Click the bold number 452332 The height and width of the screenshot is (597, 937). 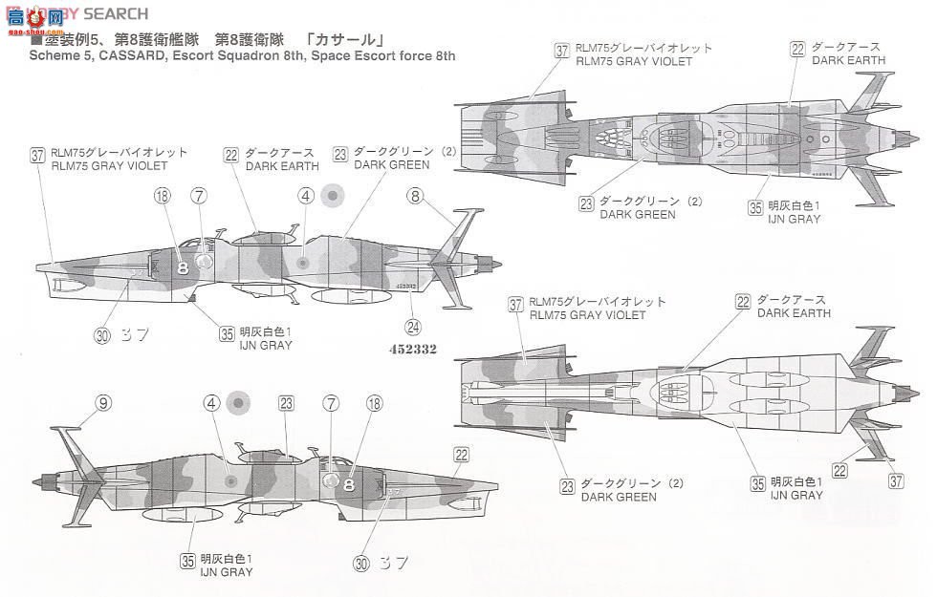pos(413,350)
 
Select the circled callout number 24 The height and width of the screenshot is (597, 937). pos(412,325)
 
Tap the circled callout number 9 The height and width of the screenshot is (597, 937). pos(102,404)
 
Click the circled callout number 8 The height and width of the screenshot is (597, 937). pos(414,196)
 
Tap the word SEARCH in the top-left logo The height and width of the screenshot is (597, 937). pos(116,13)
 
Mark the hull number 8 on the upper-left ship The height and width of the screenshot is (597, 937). pos(182,268)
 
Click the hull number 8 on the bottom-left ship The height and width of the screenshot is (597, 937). pos(348,484)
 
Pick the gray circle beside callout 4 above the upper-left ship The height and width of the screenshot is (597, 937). pos(331,195)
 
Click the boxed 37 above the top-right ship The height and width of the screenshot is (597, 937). pos(561,50)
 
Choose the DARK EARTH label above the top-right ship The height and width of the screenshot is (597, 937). pos(848,60)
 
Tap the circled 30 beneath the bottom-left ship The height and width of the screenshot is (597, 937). pos(360,564)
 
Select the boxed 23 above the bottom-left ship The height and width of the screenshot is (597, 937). pos(285,404)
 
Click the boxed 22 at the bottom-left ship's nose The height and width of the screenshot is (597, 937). pos(461,456)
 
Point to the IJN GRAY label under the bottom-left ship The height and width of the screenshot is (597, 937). pos(227,572)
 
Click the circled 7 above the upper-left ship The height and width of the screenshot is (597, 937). pos(199,196)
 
